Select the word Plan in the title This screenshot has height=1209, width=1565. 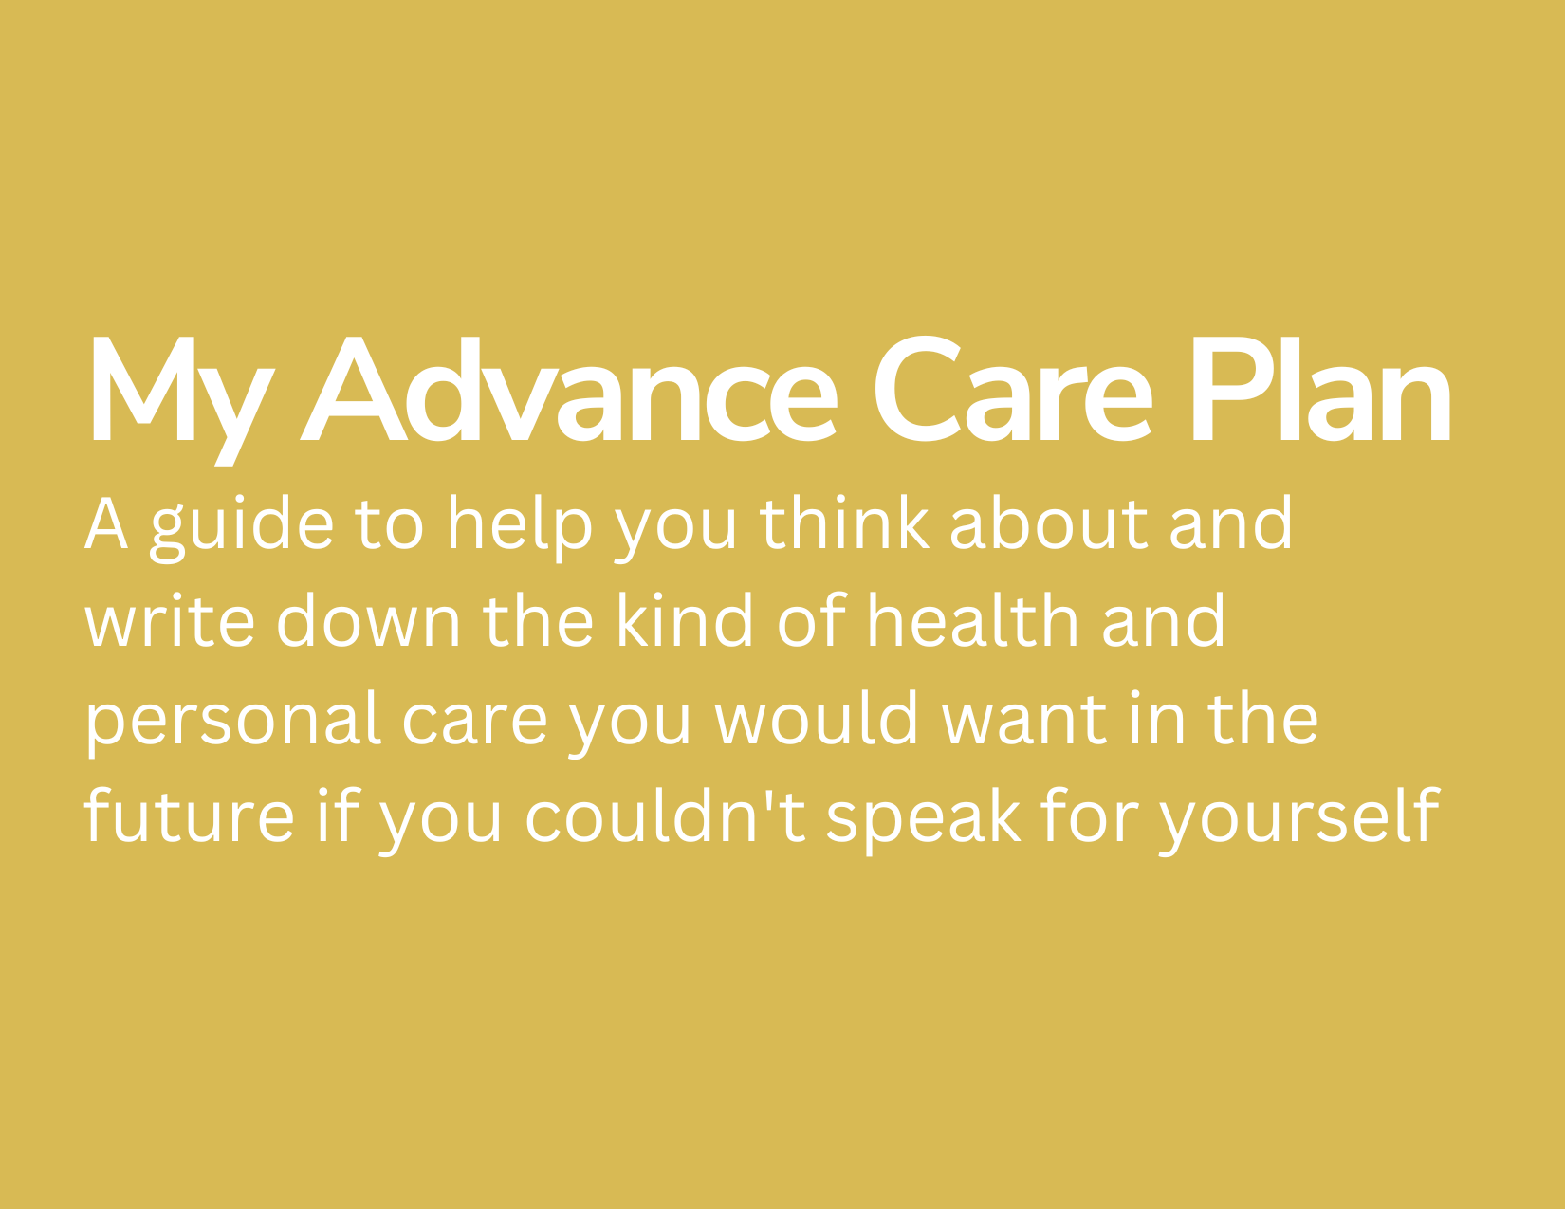pos(1321,388)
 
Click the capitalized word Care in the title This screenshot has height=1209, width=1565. pos(1013,388)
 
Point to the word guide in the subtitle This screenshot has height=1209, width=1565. pos(242,528)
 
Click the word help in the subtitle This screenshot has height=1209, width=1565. pos(520,528)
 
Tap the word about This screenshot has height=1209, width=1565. pos(1049,522)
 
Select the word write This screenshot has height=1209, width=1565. pos(170,620)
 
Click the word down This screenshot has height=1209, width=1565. pos(369,620)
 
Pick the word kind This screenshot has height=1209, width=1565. pos(685,620)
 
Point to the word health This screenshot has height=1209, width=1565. pos(973,620)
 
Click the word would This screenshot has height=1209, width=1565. pos(817,718)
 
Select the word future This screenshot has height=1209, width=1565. pos(190,815)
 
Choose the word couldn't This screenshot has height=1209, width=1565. pos(666,815)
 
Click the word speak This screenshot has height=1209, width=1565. pos(924,821)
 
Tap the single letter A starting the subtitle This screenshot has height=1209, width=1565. pos(106,523)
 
